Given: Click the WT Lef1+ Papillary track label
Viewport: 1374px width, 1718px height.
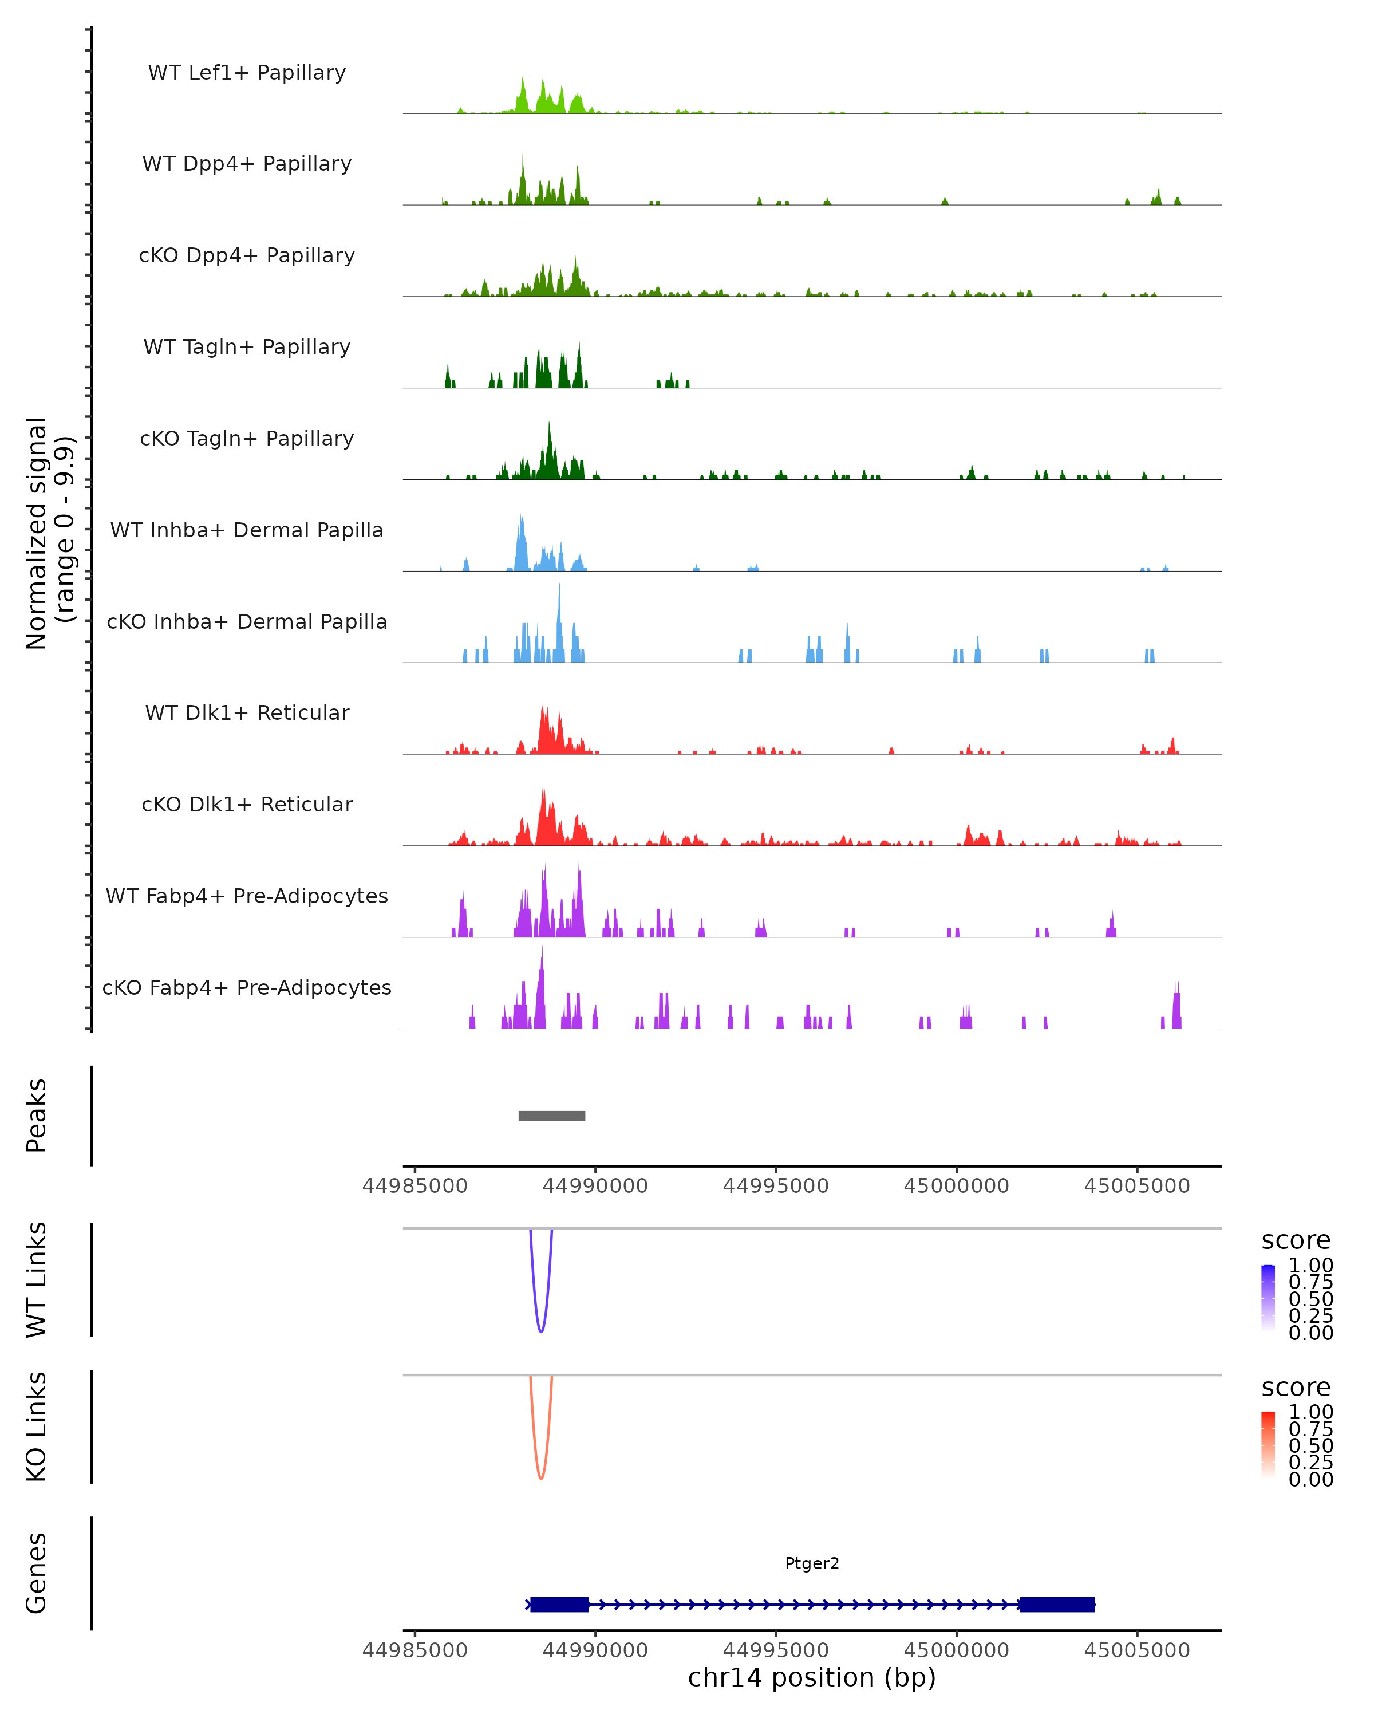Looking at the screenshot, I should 247,73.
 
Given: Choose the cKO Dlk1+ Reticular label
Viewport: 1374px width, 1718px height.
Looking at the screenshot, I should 247,804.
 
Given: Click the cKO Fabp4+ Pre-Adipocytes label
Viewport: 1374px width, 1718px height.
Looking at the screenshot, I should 247,987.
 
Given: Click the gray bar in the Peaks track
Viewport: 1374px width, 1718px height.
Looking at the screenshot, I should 551,1116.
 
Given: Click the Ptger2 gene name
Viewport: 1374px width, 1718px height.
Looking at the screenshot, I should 812,1563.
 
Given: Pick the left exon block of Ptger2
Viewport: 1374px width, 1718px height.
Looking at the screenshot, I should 559,1604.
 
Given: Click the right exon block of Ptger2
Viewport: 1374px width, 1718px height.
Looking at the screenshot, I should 1057,1604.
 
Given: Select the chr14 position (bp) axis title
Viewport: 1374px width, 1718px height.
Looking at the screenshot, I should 812,1677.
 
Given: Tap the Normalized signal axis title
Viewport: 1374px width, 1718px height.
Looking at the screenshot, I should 49,533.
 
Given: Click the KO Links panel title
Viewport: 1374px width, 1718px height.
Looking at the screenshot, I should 36,1427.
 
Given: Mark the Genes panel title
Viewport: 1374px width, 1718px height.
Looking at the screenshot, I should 36,1573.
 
